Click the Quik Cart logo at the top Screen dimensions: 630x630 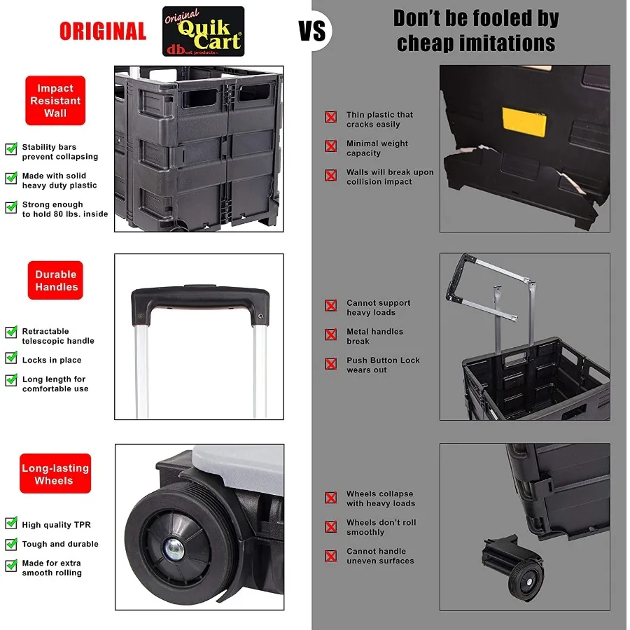coord(204,31)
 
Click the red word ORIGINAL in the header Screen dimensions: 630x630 coord(103,31)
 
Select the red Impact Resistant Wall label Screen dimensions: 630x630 coord(55,101)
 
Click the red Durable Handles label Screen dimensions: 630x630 coord(57,281)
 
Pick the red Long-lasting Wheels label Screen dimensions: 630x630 coord(55,474)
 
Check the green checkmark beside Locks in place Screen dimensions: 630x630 coord(11,358)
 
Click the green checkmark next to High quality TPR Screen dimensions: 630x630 coord(11,524)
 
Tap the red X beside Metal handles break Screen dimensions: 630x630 coord(331,335)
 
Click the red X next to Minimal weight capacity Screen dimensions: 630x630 coord(331,146)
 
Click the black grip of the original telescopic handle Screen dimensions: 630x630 coord(199,298)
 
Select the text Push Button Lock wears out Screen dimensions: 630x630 coord(383,365)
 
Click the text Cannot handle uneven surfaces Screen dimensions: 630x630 coord(380,556)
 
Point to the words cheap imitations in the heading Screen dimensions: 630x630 coord(476,43)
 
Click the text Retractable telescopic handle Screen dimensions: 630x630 coord(58,336)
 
